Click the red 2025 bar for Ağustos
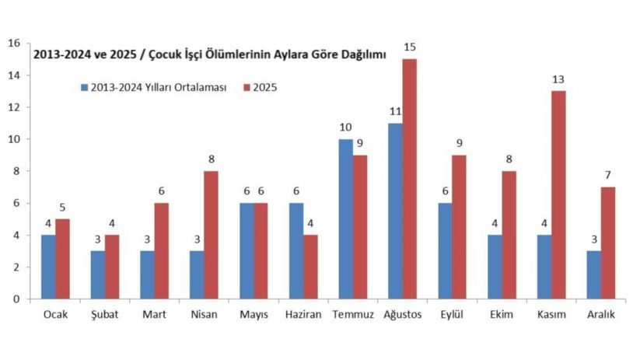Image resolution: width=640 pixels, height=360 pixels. (409, 179)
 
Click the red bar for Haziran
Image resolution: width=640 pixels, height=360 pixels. (310, 267)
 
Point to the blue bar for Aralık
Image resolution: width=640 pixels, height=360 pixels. (594, 274)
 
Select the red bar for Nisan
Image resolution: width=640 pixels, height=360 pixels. (211, 235)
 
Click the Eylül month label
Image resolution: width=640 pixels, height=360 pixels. (451, 315)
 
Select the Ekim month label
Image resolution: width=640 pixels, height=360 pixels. (501, 315)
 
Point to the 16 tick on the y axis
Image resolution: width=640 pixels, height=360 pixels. (13, 44)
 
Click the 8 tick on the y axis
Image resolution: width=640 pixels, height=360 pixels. (16, 171)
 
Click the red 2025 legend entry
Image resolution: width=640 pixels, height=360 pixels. (260, 88)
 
